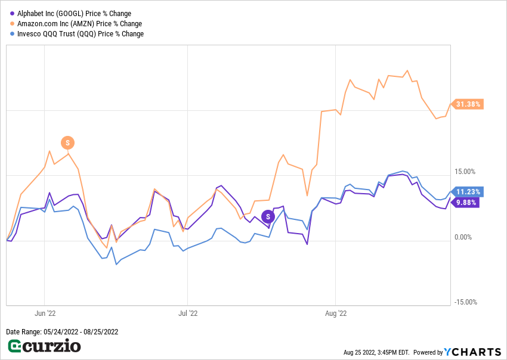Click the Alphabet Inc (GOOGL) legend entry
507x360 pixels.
tap(75, 14)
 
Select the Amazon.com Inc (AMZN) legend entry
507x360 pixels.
tap(80, 24)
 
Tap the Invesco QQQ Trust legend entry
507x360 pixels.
tap(81, 34)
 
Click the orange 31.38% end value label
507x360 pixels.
tap(468, 104)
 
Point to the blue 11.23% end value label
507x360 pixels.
tap(468, 192)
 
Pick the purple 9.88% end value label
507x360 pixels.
tap(466, 202)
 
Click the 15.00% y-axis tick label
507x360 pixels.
tap(465, 172)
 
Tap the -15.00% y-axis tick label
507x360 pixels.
tap(465, 302)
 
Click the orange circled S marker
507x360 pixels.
tap(68, 142)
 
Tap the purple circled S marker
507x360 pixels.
tap(268, 216)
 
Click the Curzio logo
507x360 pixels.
tap(44, 346)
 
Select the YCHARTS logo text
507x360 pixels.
tap(471, 352)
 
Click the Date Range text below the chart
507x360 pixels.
tap(62, 332)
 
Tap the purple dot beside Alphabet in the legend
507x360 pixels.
tap(12, 14)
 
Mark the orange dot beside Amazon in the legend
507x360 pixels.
tap(12, 24)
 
